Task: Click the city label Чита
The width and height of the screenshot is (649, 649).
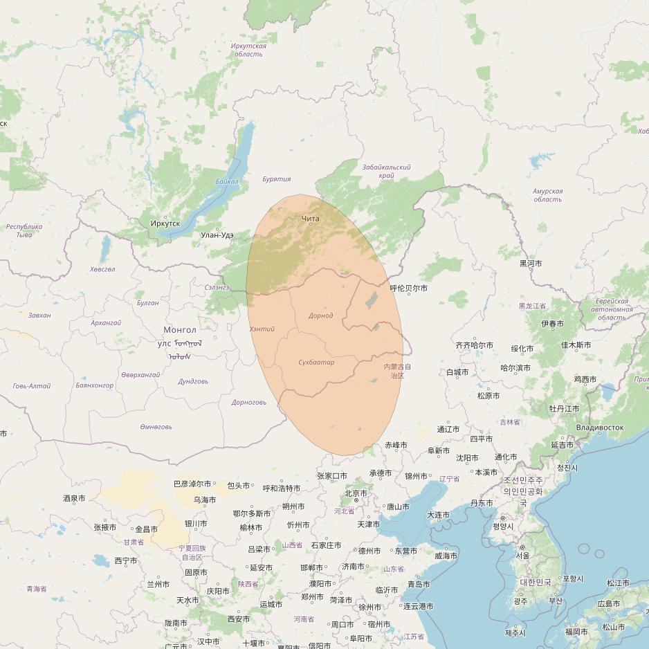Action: tap(311, 219)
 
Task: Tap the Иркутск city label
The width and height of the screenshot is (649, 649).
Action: tap(165, 223)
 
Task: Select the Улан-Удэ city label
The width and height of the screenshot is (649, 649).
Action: tap(217, 235)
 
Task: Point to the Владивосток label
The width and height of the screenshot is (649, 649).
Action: tap(599, 428)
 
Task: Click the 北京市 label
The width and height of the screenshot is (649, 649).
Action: tap(356, 493)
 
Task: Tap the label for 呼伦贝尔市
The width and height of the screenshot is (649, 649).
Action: tap(408, 289)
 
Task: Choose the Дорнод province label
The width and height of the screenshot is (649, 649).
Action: tap(320, 316)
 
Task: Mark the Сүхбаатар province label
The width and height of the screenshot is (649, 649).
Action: tap(316, 363)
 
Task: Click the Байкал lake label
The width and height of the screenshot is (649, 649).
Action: tap(226, 182)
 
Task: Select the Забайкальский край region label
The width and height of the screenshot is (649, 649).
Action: tap(386, 172)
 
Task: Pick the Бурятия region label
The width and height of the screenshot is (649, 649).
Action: tap(276, 179)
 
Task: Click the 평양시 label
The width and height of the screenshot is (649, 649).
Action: tap(503, 526)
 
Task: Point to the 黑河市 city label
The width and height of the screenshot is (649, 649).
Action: tap(531, 264)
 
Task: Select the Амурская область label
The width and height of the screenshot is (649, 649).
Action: tap(547, 195)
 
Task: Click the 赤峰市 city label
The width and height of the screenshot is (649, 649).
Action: tap(396, 445)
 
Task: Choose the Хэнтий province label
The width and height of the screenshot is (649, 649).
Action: tap(262, 329)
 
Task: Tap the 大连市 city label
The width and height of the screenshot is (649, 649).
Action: tap(438, 515)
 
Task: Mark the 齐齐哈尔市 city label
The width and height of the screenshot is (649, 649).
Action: tap(474, 345)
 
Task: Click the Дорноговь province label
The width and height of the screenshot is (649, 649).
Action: tap(248, 402)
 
